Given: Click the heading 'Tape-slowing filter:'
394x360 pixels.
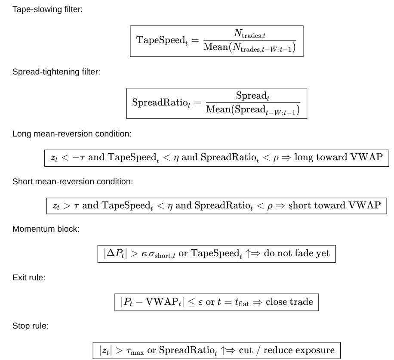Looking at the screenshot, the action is (x=47, y=9).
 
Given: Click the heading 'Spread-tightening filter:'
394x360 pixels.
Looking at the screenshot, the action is (x=56, y=71).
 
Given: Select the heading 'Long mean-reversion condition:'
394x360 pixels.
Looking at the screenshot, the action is (x=72, y=133).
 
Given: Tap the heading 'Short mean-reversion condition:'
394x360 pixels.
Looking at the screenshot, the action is (x=73, y=181).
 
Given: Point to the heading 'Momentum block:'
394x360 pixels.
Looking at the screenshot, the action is (x=46, y=229).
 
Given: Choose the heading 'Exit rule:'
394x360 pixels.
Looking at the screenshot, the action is (x=29, y=277).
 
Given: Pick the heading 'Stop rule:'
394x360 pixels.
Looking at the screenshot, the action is (x=31, y=326).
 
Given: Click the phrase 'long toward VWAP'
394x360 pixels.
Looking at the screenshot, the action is (x=339, y=157).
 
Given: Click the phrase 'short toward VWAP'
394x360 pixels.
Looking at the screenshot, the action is (x=335, y=205).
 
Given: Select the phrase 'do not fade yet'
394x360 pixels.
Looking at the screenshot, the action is (x=296, y=253).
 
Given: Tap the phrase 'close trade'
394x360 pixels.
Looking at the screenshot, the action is (x=289, y=301).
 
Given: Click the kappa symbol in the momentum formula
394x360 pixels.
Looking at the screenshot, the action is (x=144, y=254).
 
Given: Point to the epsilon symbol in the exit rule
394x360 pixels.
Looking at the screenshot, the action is (x=200, y=302).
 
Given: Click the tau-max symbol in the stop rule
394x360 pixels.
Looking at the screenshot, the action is (x=135, y=351).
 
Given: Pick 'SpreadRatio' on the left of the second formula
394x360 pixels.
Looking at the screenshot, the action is (x=161, y=103).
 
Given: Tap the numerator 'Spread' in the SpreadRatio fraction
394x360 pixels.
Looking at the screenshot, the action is (x=252, y=96).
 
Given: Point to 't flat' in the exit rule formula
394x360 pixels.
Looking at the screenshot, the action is (x=242, y=302).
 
